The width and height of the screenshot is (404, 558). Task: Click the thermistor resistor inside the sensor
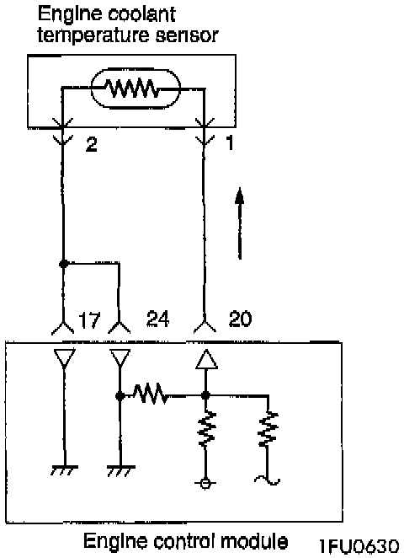point(132,89)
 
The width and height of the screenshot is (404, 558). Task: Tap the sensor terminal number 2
point(92,144)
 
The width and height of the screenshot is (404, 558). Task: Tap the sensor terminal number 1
point(230,143)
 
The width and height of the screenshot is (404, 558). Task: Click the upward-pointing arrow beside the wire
point(240,223)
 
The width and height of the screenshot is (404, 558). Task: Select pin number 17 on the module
point(89,319)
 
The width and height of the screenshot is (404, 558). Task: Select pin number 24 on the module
point(157,319)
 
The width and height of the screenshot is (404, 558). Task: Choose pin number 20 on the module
point(240,319)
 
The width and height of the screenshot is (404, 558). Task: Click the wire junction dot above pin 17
point(64,264)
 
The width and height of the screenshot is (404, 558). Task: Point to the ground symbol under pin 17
point(64,470)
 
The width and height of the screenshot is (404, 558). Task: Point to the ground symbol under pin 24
point(121,470)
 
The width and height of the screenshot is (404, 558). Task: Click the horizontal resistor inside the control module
point(150,394)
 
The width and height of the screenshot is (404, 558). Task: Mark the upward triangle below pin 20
point(206,359)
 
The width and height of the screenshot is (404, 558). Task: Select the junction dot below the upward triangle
point(205,395)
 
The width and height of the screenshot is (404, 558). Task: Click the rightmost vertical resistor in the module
point(268,429)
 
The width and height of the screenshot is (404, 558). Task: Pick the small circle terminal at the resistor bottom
point(205,483)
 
